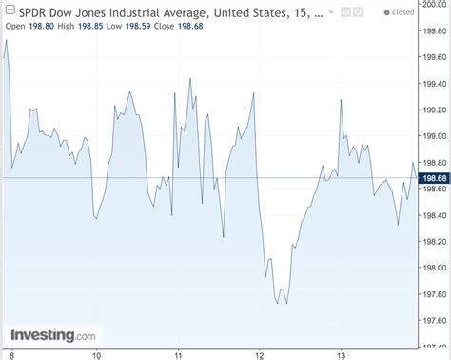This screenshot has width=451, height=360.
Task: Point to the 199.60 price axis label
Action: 435,57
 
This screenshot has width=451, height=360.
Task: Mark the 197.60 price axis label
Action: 435,320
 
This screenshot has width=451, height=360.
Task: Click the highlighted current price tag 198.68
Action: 434,177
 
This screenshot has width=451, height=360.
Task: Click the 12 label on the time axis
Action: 259,355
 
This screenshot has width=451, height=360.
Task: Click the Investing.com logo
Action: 53,335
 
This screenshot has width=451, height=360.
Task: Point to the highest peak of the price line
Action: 6,40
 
